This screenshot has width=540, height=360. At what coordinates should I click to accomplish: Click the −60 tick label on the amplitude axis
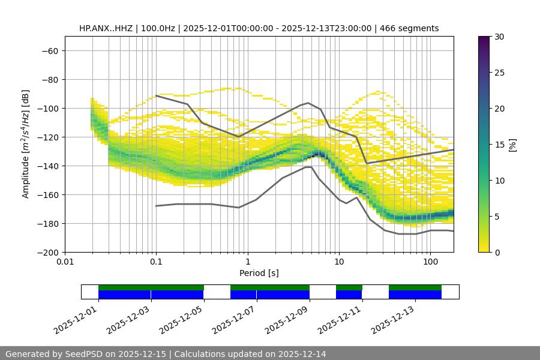click(50, 50)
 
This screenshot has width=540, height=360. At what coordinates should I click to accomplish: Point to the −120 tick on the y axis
click(50, 137)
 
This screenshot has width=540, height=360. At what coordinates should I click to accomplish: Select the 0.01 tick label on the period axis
click(65, 262)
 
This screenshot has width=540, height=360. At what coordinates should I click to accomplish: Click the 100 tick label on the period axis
click(430, 262)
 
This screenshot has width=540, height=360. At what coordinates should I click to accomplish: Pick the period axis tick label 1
click(247, 262)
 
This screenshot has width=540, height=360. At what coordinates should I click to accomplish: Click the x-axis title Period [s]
click(259, 273)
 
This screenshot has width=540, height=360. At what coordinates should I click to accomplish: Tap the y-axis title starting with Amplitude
click(26, 144)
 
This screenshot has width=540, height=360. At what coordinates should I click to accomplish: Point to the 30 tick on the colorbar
click(499, 37)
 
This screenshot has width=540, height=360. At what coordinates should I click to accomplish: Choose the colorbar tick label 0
click(497, 252)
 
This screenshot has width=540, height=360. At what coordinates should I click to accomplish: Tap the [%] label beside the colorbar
click(512, 145)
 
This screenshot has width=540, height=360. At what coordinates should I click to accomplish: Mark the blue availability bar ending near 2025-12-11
click(349, 295)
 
